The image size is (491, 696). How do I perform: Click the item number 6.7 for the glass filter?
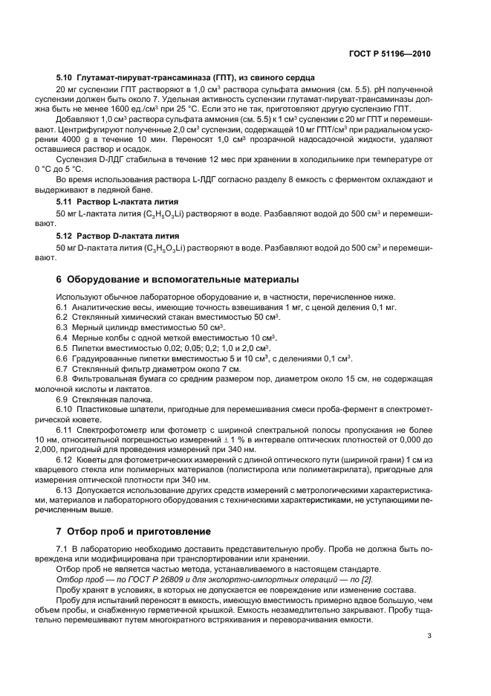pyautogui.click(x=63, y=368)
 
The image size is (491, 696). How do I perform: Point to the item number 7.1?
pyautogui.click(x=63, y=548)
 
